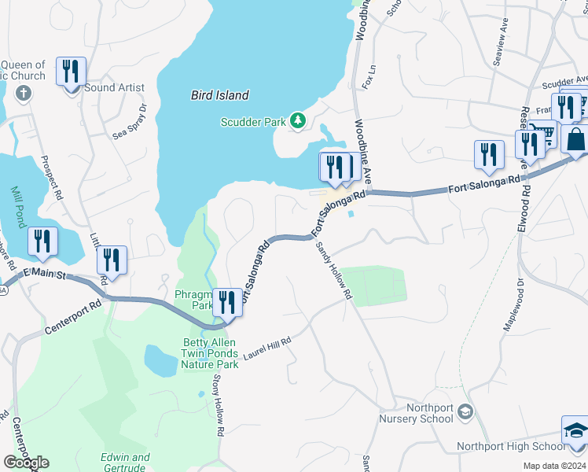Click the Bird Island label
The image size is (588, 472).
(x=219, y=95)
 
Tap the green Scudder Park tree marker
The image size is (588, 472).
(x=297, y=120)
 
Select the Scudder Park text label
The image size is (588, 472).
(x=253, y=121)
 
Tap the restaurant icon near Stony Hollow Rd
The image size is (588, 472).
(x=227, y=302)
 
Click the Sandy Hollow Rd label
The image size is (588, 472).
(x=333, y=271)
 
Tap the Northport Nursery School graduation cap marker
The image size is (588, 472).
(x=465, y=411)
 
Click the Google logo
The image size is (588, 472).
(x=26, y=462)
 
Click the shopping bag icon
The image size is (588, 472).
(x=575, y=140)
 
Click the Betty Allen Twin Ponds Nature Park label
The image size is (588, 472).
(x=210, y=353)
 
